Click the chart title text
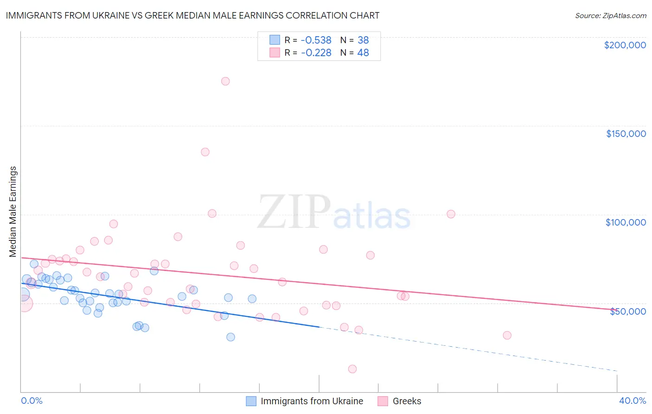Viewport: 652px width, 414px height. click(192, 15)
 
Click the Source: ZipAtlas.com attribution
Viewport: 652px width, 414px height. click(610, 15)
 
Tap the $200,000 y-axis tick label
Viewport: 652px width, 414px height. click(625, 45)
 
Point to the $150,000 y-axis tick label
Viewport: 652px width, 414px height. click(626, 134)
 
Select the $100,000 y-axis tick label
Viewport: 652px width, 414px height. click(626, 222)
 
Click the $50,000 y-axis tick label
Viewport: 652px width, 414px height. click(627, 311)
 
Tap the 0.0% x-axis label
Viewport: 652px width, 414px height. click(32, 401)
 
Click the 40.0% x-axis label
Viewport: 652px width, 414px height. click(632, 401)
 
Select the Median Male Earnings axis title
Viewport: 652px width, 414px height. click(13, 212)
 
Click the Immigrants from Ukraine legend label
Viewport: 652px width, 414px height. click(312, 401)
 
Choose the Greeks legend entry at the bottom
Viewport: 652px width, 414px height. click(407, 401)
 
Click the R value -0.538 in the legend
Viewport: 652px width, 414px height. click(316, 40)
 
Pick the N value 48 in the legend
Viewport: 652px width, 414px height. click(363, 52)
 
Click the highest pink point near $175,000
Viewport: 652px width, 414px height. click(225, 81)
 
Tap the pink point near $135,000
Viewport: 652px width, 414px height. click(205, 152)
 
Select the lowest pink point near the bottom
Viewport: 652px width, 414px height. click(352, 369)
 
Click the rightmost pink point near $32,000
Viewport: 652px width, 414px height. click(507, 335)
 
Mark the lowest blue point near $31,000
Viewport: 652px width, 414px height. click(230, 337)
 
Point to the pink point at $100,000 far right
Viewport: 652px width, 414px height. click(451, 214)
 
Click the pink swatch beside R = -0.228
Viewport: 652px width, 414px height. click(275, 52)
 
